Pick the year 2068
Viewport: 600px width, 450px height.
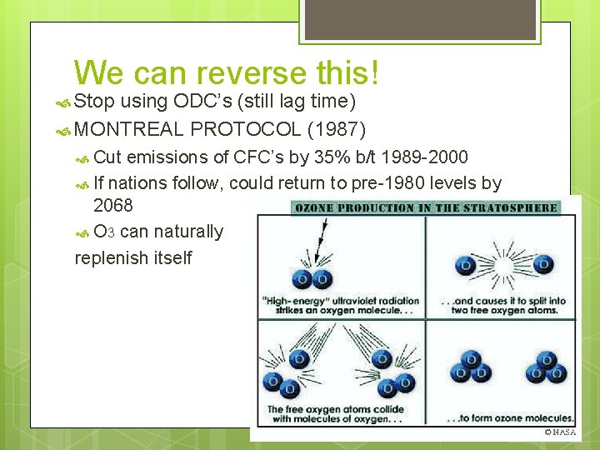click(x=113, y=205)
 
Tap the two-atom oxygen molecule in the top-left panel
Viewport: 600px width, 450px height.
click(x=312, y=279)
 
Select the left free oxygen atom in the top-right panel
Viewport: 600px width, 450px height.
click(x=465, y=265)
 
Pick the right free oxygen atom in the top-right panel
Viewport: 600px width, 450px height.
click(x=542, y=264)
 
